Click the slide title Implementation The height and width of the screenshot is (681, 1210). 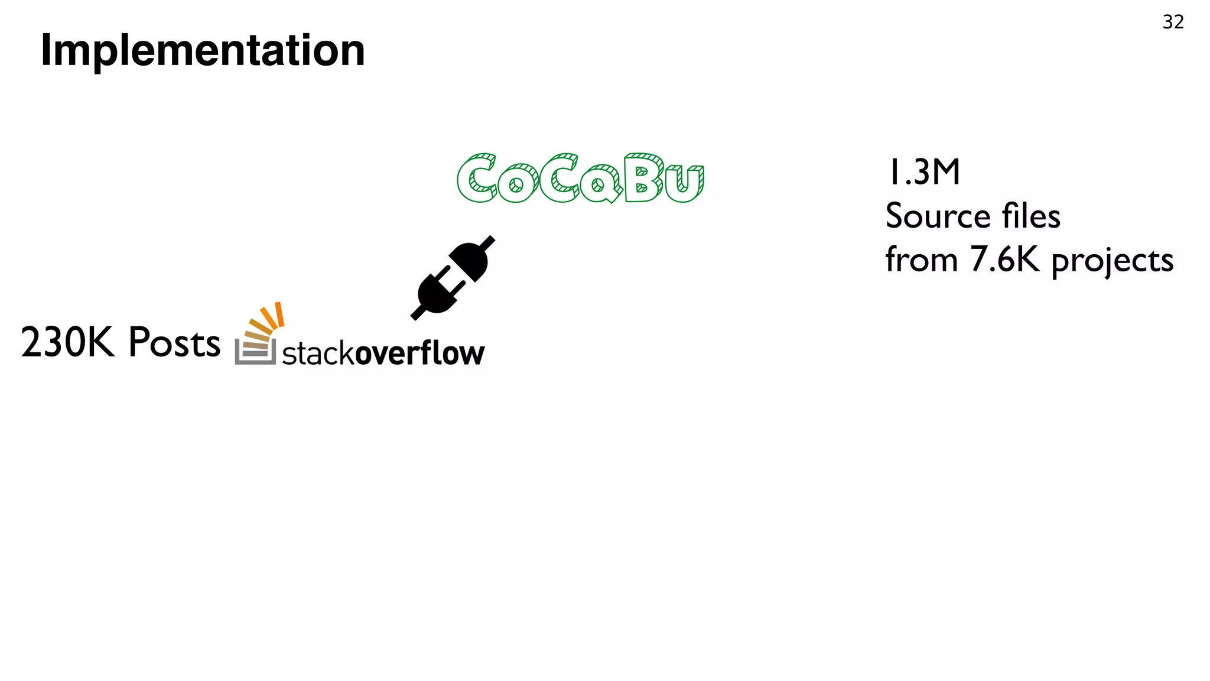pos(203,51)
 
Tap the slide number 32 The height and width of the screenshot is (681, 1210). pos(1173,22)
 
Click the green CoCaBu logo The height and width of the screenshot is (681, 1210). pos(580,178)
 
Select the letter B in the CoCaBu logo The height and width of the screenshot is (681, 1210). pos(643,178)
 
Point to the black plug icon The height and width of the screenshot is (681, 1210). pos(453,277)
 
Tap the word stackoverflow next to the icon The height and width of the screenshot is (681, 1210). pos(383,354)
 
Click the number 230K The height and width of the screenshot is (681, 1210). pos(67,342)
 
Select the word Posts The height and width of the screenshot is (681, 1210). pos(174,342)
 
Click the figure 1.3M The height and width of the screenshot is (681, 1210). pos(923,173)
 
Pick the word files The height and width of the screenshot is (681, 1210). pos(1031,216)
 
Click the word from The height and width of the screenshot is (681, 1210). pos(921,260)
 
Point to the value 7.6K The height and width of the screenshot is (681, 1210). pos(1004,260)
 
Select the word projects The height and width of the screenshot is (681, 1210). pos(1112,261)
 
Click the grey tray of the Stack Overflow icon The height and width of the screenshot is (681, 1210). pos(255,354)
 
